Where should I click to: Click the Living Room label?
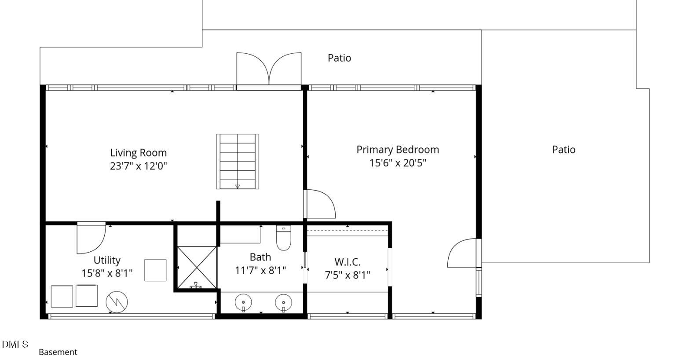coord(138,153)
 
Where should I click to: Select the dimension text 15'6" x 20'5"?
coord(398,163)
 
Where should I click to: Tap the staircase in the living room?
coord(237,161)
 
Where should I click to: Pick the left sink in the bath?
coord(243,303)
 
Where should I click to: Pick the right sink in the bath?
coord(284,303)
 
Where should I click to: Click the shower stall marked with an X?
coord(197,267)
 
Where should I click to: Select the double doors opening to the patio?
coord(269,69)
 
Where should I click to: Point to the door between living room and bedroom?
coord(320,204)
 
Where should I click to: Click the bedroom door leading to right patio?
coord(462,253)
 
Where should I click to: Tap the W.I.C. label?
coord(347,262)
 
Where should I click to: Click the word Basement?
coord(58,352)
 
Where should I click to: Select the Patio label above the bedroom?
coord(339,58)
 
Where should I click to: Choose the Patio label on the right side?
coord(563,150)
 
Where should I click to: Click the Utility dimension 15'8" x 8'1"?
coord(107,273)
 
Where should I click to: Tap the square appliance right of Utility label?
coord(155,270)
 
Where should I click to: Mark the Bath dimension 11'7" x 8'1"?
coord(260,270)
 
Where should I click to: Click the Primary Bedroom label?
coord(398,150)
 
